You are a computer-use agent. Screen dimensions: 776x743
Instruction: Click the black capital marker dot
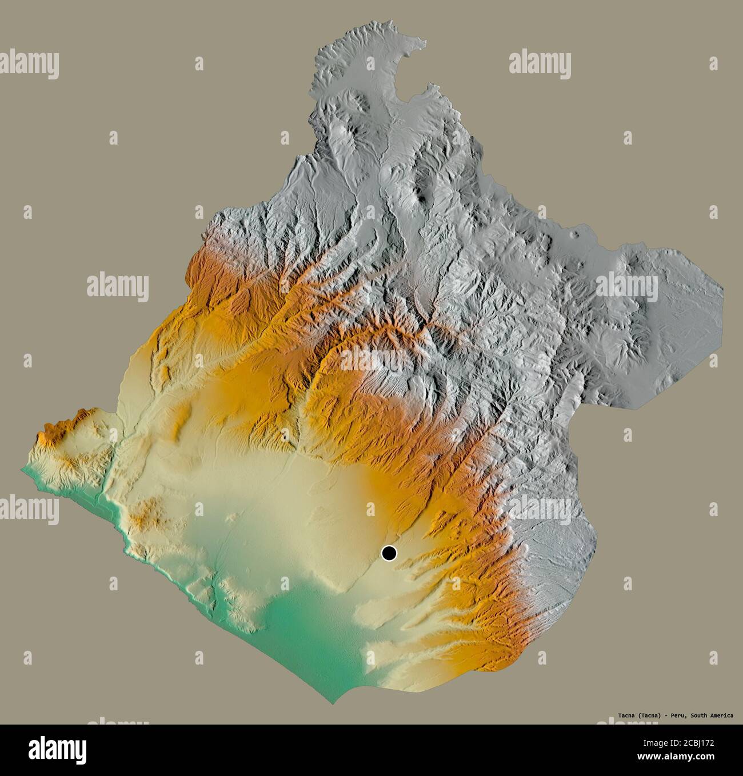[389, 553]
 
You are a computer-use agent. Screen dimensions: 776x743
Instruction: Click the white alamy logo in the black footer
[58, 749]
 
